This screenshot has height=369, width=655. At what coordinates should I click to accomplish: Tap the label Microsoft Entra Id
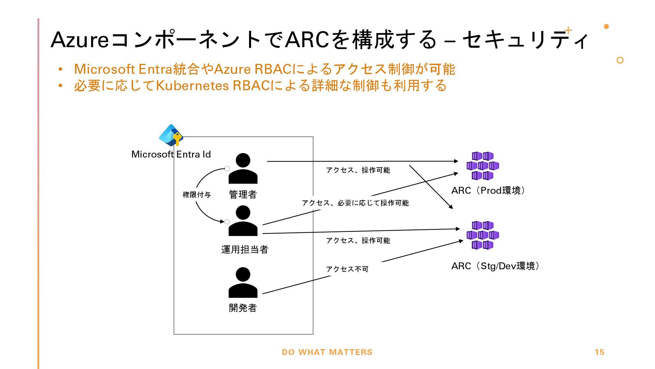[171, 154]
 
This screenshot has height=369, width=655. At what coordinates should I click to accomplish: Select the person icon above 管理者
[243, 168]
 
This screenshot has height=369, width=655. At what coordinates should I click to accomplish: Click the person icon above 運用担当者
[243, 221]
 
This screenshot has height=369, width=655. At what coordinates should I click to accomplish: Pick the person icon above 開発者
[243, 283]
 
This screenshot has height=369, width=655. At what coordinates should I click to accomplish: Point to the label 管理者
[243, 195]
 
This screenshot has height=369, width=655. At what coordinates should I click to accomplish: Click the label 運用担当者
[245, 250]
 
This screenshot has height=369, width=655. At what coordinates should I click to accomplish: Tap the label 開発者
[243, 308]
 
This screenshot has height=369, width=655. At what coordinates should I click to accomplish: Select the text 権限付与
[197, 195]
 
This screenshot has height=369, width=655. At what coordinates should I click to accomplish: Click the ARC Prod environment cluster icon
[483, 166]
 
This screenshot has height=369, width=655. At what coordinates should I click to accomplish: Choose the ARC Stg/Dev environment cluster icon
[483, 235]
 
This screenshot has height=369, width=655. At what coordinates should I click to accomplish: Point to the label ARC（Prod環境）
[489, 191]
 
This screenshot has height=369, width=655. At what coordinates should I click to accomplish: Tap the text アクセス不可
[347, 269]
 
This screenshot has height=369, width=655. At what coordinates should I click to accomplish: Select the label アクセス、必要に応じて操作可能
[355, 203]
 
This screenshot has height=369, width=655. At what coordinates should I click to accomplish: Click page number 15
[599, 352]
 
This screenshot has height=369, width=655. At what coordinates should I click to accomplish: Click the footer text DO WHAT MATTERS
[327, 352]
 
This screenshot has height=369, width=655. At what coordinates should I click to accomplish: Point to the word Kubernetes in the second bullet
[192, 85]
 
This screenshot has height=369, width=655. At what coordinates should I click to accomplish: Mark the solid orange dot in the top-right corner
[606, 26]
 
